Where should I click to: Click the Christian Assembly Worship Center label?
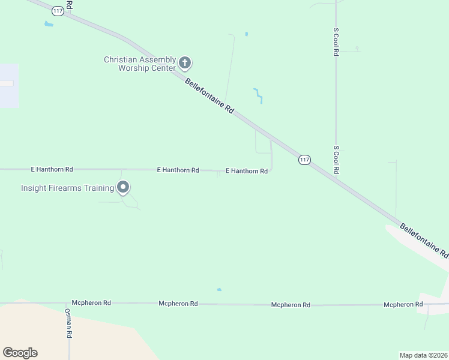click(140, 64)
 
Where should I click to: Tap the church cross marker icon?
click(185, 62)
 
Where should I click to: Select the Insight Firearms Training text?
click(67, 188)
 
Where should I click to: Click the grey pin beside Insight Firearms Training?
click(123, 188)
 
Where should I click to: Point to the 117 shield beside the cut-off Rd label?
click(58, 11)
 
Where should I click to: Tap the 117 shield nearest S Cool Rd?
click(304, 160)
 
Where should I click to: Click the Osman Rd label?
click(69, 324)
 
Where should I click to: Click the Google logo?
click(20, 353)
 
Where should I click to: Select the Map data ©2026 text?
click(423, 355)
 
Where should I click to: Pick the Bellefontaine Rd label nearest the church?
click(209, 96)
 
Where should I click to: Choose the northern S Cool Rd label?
click(336, 41)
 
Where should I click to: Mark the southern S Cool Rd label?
click(336, 160)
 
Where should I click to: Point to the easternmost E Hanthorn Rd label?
click(247, 171)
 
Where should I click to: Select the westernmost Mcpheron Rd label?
click(91, 303)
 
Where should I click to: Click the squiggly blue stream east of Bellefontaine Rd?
click(258, 96)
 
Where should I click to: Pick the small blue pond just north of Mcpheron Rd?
click(219, 290)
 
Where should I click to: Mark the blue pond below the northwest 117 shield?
click(49, 24)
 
